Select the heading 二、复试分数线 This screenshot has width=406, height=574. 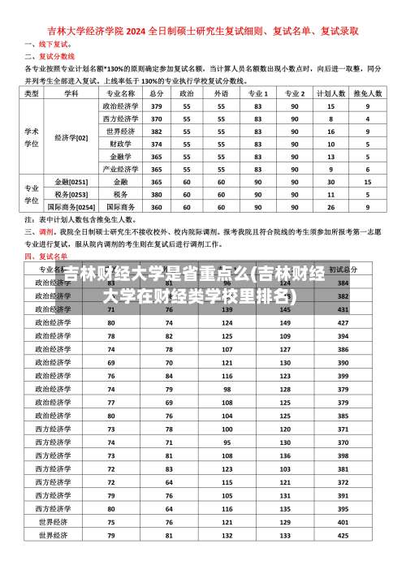pos(50,56)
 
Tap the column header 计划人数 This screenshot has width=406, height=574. pos(330,94)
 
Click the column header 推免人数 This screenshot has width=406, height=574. pos(368,94)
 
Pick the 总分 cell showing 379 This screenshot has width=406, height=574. pos(157,106)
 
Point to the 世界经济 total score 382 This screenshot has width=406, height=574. pos(157,131)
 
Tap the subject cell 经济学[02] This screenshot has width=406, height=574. pos(71,137)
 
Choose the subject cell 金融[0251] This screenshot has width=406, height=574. pos(71,182)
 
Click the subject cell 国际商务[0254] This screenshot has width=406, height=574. pos(71,206)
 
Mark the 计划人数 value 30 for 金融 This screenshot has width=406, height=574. pos(330,182)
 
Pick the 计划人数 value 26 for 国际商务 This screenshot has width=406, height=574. pos(330,206)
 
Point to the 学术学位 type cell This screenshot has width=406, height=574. pos(32,137)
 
